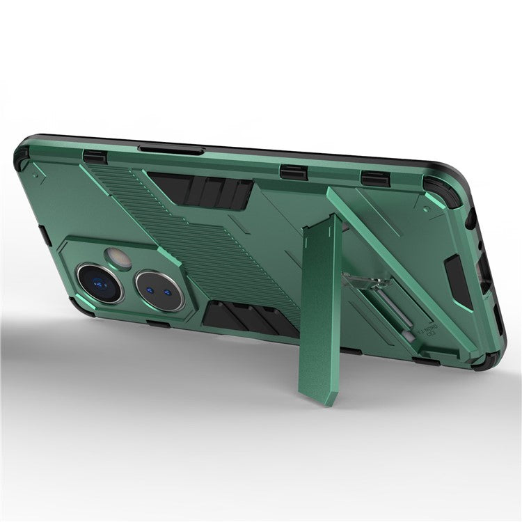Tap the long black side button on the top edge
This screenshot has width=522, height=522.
171,150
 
